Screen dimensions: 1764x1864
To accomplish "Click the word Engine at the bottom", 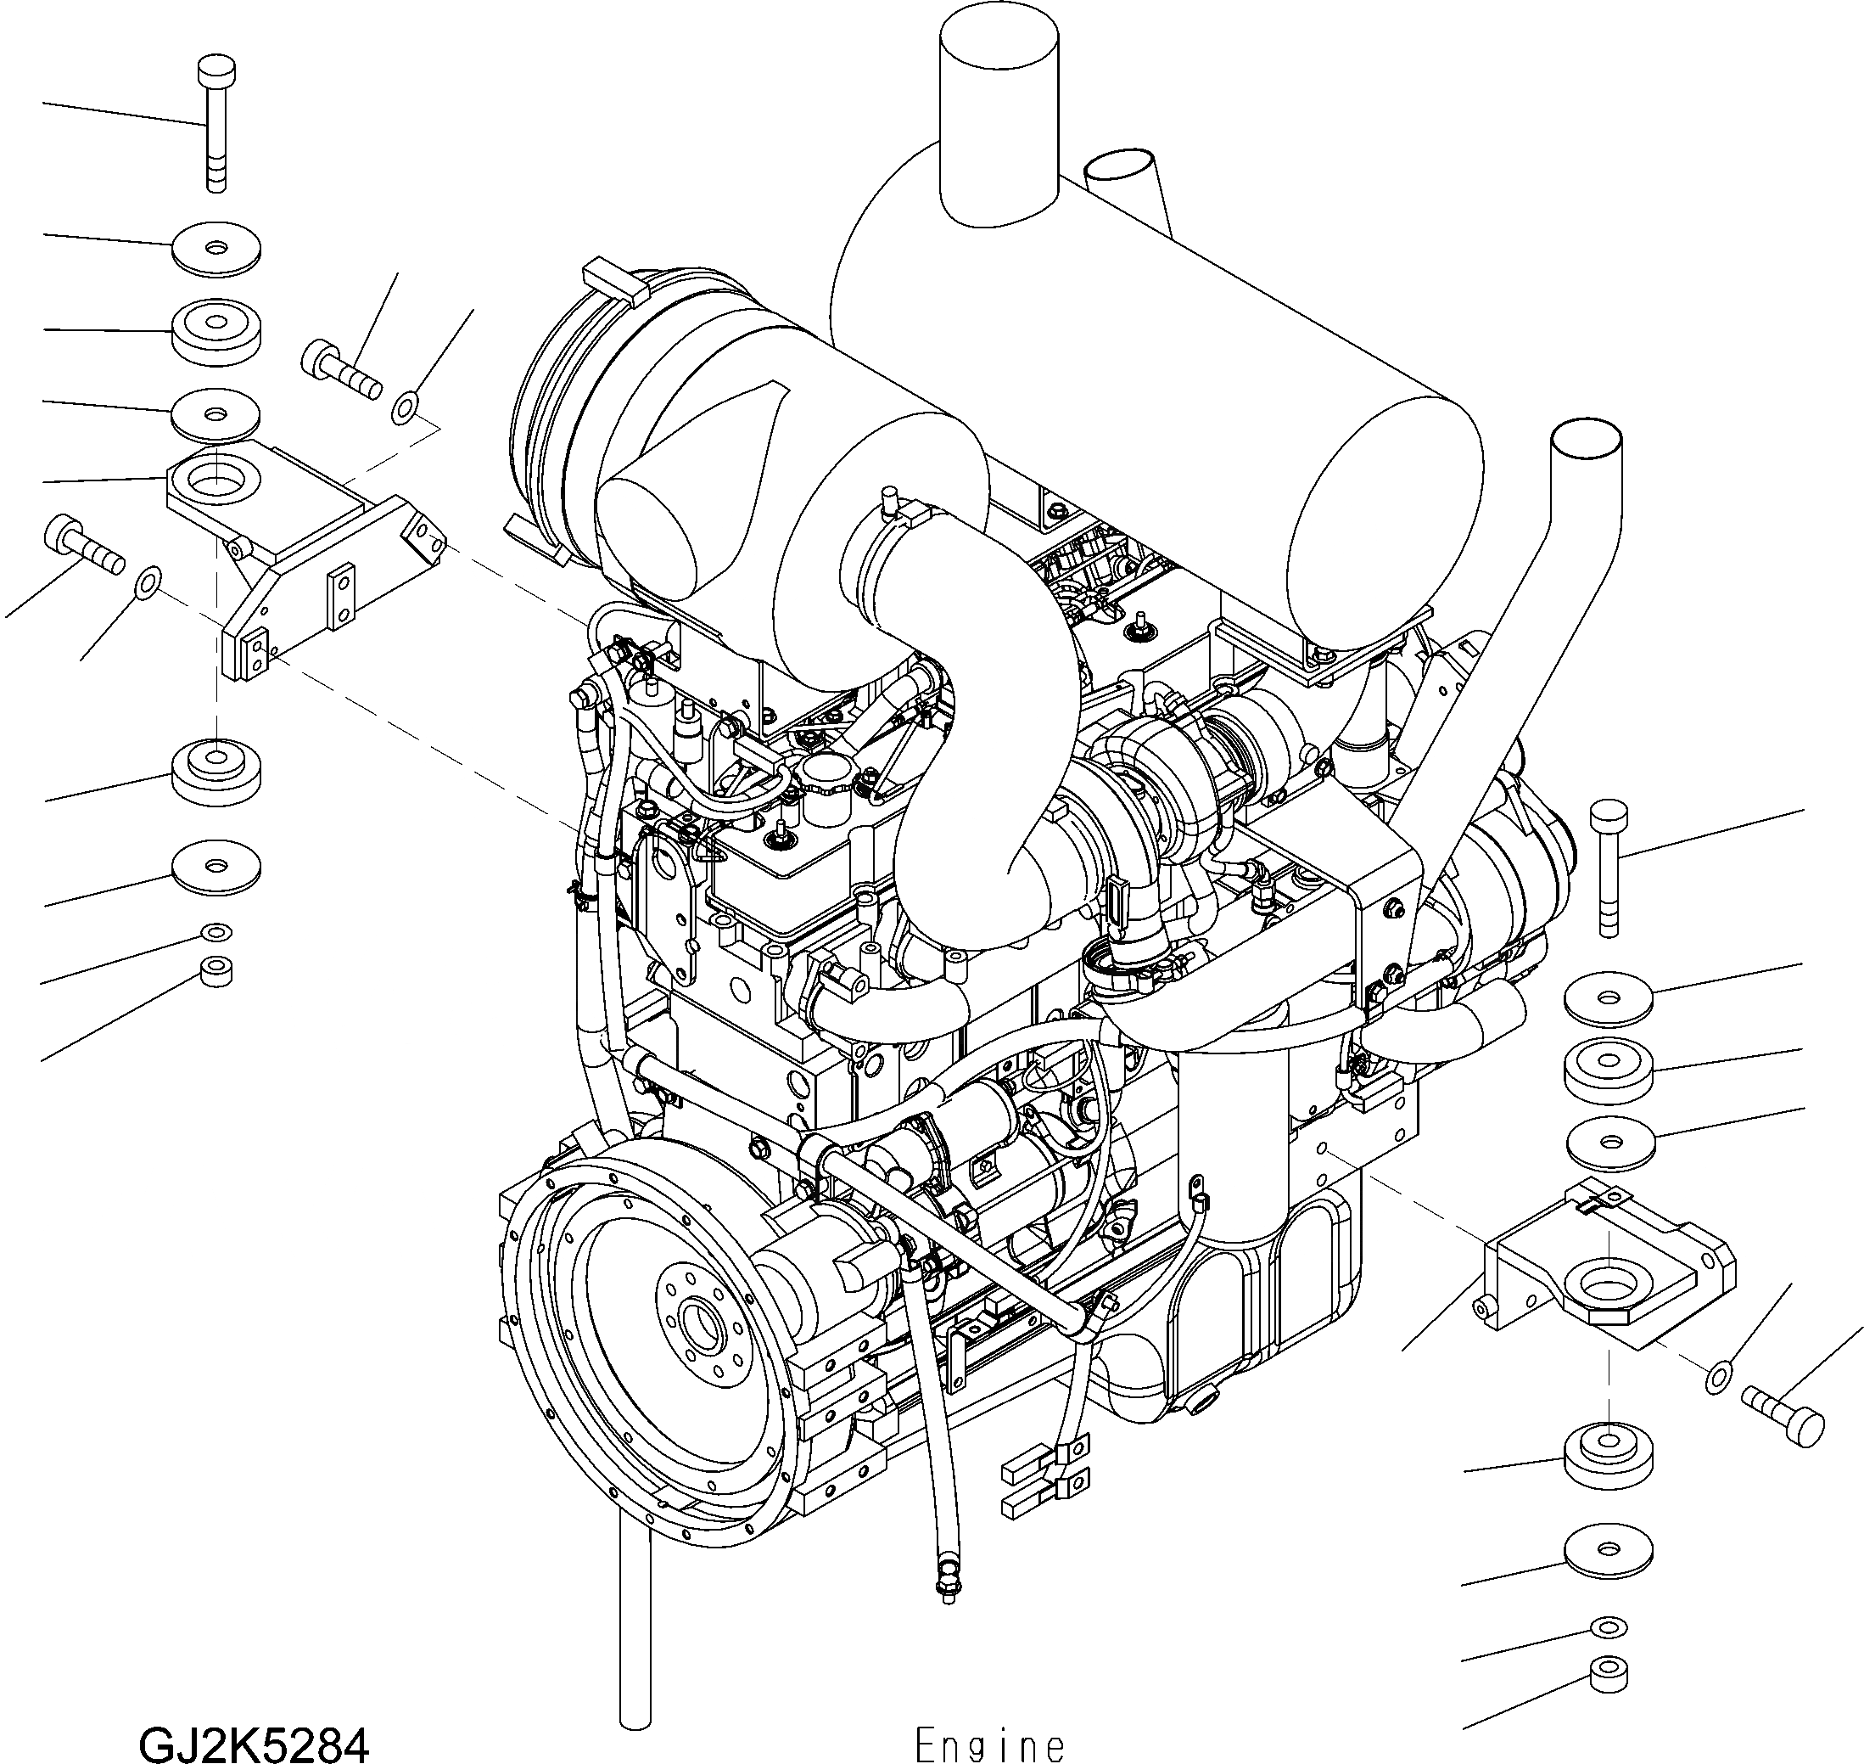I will click(989, 1745).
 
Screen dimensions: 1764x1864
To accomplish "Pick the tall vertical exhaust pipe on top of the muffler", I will click(999, 122).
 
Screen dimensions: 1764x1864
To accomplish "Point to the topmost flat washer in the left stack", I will click(216, 250).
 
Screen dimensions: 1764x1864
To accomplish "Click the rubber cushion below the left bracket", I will click(216, 767).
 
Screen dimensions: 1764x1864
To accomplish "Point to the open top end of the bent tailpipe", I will click(1587, 440).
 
